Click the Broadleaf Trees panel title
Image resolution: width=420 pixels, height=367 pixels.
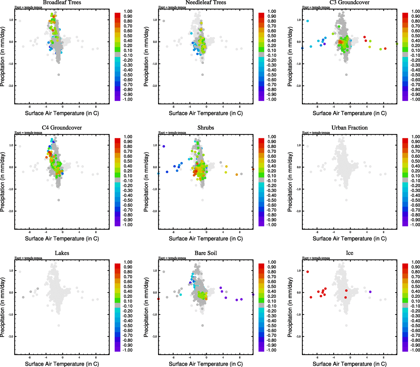(62, 3)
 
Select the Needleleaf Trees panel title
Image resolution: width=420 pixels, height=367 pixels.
(206, 3)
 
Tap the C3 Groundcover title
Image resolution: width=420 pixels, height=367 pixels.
(349, 3)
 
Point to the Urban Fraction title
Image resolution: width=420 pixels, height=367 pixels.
(349, 128)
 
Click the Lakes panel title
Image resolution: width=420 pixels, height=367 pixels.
(62, 253)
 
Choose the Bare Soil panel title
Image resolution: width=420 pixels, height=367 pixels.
(206, 253)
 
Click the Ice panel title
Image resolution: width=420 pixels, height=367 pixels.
(349, 253)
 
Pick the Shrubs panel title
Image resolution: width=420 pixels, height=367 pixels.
(206, 128)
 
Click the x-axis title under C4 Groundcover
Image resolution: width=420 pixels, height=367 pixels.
(62, 239)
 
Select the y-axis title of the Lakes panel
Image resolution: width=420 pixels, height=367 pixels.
(3, 307)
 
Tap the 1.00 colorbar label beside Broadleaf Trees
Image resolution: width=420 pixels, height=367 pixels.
(128, 11)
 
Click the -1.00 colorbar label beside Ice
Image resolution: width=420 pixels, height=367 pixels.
(415, 350)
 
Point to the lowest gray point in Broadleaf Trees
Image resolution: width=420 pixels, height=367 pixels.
(59, 75)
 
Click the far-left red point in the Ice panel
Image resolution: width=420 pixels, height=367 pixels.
(308, 272)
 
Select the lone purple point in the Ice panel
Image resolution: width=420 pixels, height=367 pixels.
(370, 292)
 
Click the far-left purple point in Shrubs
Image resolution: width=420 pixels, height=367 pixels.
(164, 146)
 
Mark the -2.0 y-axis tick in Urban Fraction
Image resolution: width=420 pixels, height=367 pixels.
(298, 211)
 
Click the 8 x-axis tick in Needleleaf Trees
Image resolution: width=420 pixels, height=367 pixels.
(240, 107)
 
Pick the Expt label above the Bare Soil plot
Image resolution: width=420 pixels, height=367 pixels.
(172, 258)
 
